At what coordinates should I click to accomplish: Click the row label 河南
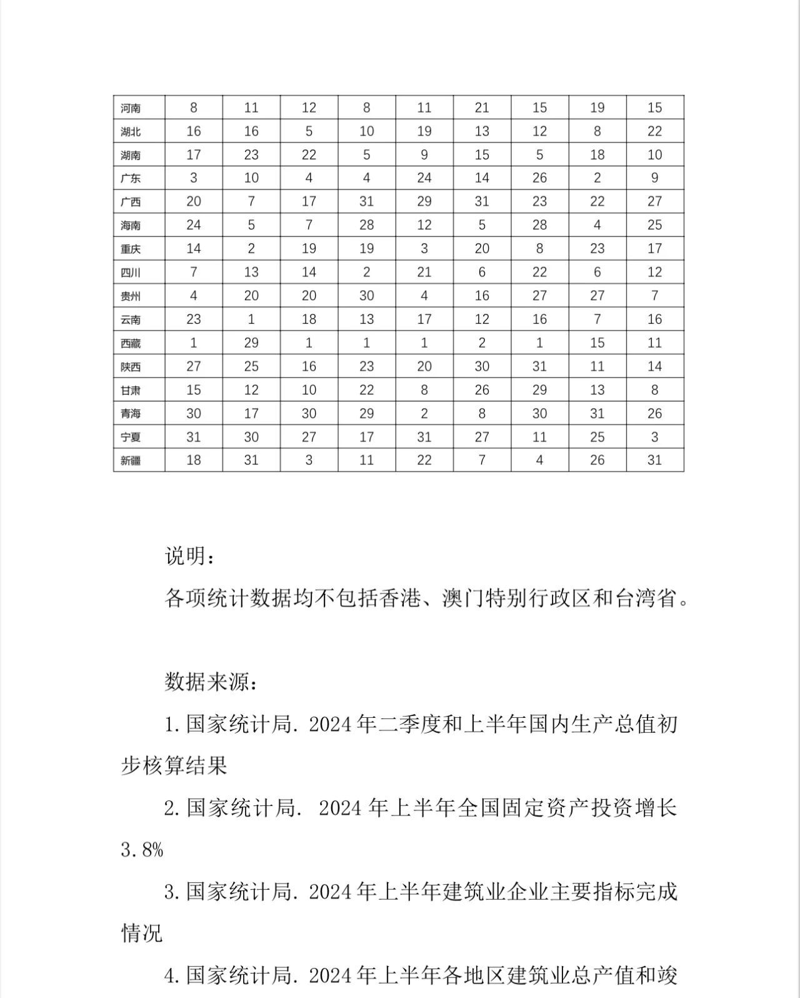tap(131, 108)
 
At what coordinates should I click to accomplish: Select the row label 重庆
tap(131, 249)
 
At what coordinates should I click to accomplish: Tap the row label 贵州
tap(131, 296)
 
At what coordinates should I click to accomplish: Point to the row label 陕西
tap(131, 366)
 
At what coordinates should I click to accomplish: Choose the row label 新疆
tap(131, 461)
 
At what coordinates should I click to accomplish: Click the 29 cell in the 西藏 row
tap(251, 343)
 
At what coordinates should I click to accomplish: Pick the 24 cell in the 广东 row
tap(424, 178)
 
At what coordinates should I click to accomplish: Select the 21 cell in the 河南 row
tap(482, 108)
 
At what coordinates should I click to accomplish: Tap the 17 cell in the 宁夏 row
tap(366, 436)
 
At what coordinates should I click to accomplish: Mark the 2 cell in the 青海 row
tap(424, 413)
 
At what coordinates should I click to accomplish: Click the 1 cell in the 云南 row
tap(251, 319)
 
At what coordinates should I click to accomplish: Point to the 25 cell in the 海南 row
tap(654, 225)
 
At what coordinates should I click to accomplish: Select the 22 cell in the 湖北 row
tap(654, 131)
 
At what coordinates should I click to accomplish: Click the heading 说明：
tap(190, 556)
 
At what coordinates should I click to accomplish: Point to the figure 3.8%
tap(142, 850)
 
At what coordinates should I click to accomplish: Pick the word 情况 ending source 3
tap(142, 933)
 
